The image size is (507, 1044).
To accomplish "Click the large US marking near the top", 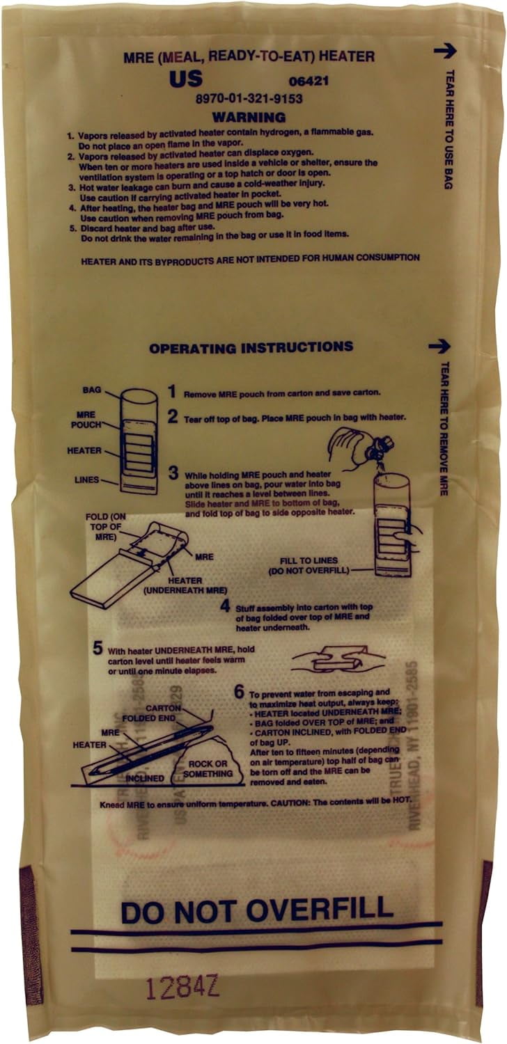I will [x=186, y=79].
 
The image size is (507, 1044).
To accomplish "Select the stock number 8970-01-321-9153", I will [x=249, y=100].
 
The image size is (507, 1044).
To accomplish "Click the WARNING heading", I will [x=249, y=117].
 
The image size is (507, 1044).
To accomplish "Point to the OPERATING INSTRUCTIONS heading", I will [x=251, y=347].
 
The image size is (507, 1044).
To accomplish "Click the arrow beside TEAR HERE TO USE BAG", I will [x=444, y=50].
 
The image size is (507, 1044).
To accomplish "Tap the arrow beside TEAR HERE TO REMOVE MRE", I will [x=439, y=346].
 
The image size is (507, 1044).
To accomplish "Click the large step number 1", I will [x=172, y=391].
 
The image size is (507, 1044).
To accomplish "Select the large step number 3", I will [x=173, y=473].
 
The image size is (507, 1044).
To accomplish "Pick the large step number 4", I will [x=225, y=606].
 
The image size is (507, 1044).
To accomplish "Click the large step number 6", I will [x=239, y=692].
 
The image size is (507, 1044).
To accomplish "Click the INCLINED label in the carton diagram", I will [x=145, y=778].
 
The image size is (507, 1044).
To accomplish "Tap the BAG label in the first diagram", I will [x=92, y=391].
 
